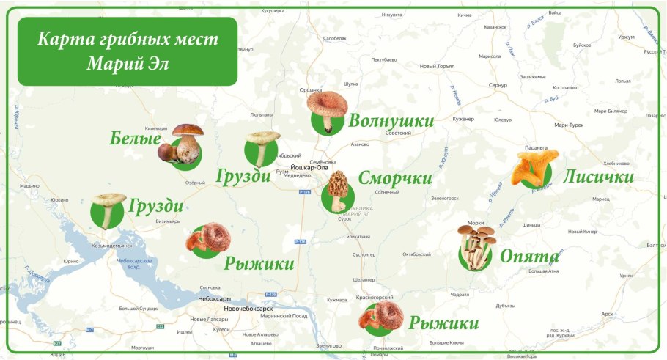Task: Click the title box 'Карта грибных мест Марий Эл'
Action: (x=128, y=51)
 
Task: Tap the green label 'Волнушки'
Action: (x=391, y=121)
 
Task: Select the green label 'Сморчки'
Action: (x=394, y=178)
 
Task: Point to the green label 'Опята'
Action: (x=529, y=256)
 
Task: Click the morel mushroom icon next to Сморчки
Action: (x=338, y=191)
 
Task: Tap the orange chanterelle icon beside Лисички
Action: (x=534, y=167)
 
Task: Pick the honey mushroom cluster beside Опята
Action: (x=476, y=246)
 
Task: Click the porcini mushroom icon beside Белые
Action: (x=182, y=144)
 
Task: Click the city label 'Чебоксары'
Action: (x=214, y=298)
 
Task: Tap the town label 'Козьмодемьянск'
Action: (x=112, y=245)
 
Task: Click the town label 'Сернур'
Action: (x=498, y=86)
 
